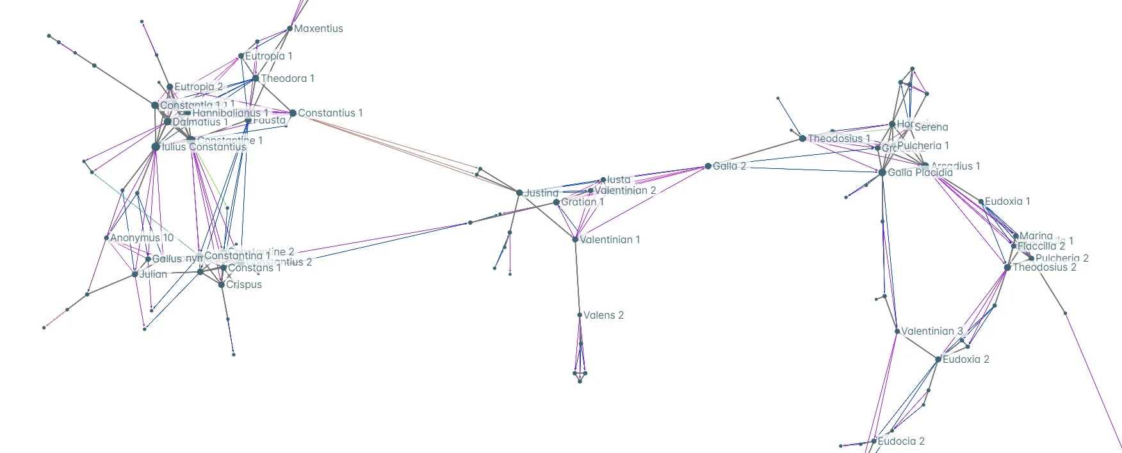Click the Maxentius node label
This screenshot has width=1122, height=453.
tap(318, 29)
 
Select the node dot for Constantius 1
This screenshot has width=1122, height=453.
tap(293, 113)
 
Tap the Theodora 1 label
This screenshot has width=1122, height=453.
tap(288, 79)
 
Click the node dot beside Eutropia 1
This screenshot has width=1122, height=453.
tap(241, 56)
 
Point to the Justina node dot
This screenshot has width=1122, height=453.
tap(519, 193)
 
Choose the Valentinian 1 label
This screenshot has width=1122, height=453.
tap(610, 240)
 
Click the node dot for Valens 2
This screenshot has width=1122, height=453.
tap(580, 315)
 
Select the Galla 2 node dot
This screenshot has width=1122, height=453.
tap(708, 166)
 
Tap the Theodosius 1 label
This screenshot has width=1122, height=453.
tap(839, 139)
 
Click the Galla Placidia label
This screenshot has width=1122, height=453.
tap(920, 173)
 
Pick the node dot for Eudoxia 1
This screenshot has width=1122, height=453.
tap(980, 202)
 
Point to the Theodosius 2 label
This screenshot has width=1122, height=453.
tap(1044, 267)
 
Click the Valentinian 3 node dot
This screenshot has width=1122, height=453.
tap(897, 331)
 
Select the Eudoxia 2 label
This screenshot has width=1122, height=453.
tap(966, 360)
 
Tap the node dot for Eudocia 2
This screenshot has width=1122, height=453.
tap(874, 441)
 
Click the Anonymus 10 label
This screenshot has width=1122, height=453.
tap(142, 238)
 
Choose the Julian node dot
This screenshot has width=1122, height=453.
tap(134, 274)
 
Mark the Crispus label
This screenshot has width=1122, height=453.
tap(244, 285)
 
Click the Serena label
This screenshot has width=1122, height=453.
tap(931, 127)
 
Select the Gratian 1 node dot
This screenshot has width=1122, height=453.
tap(556, 202)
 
